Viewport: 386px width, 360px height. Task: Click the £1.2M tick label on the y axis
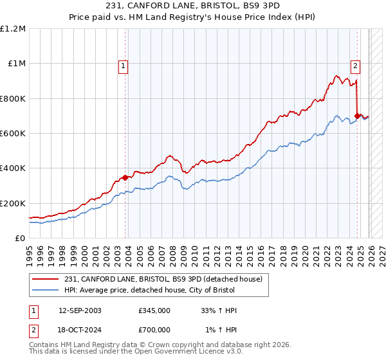[x=14, y=28]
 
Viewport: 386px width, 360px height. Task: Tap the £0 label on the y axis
[x=19, y=238]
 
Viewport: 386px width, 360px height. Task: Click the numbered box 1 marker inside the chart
[x=122, y=65]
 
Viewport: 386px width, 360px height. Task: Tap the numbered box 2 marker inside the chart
[x=354, y=65]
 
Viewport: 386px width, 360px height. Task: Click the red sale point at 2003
[x=125, y=177]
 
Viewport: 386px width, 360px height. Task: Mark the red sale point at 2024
[x=358, y=116]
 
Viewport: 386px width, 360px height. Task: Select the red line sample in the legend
[x=46, y=279]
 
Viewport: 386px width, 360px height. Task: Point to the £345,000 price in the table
[x=154, y=310]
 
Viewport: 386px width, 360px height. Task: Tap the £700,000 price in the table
[x=154, y=330]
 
